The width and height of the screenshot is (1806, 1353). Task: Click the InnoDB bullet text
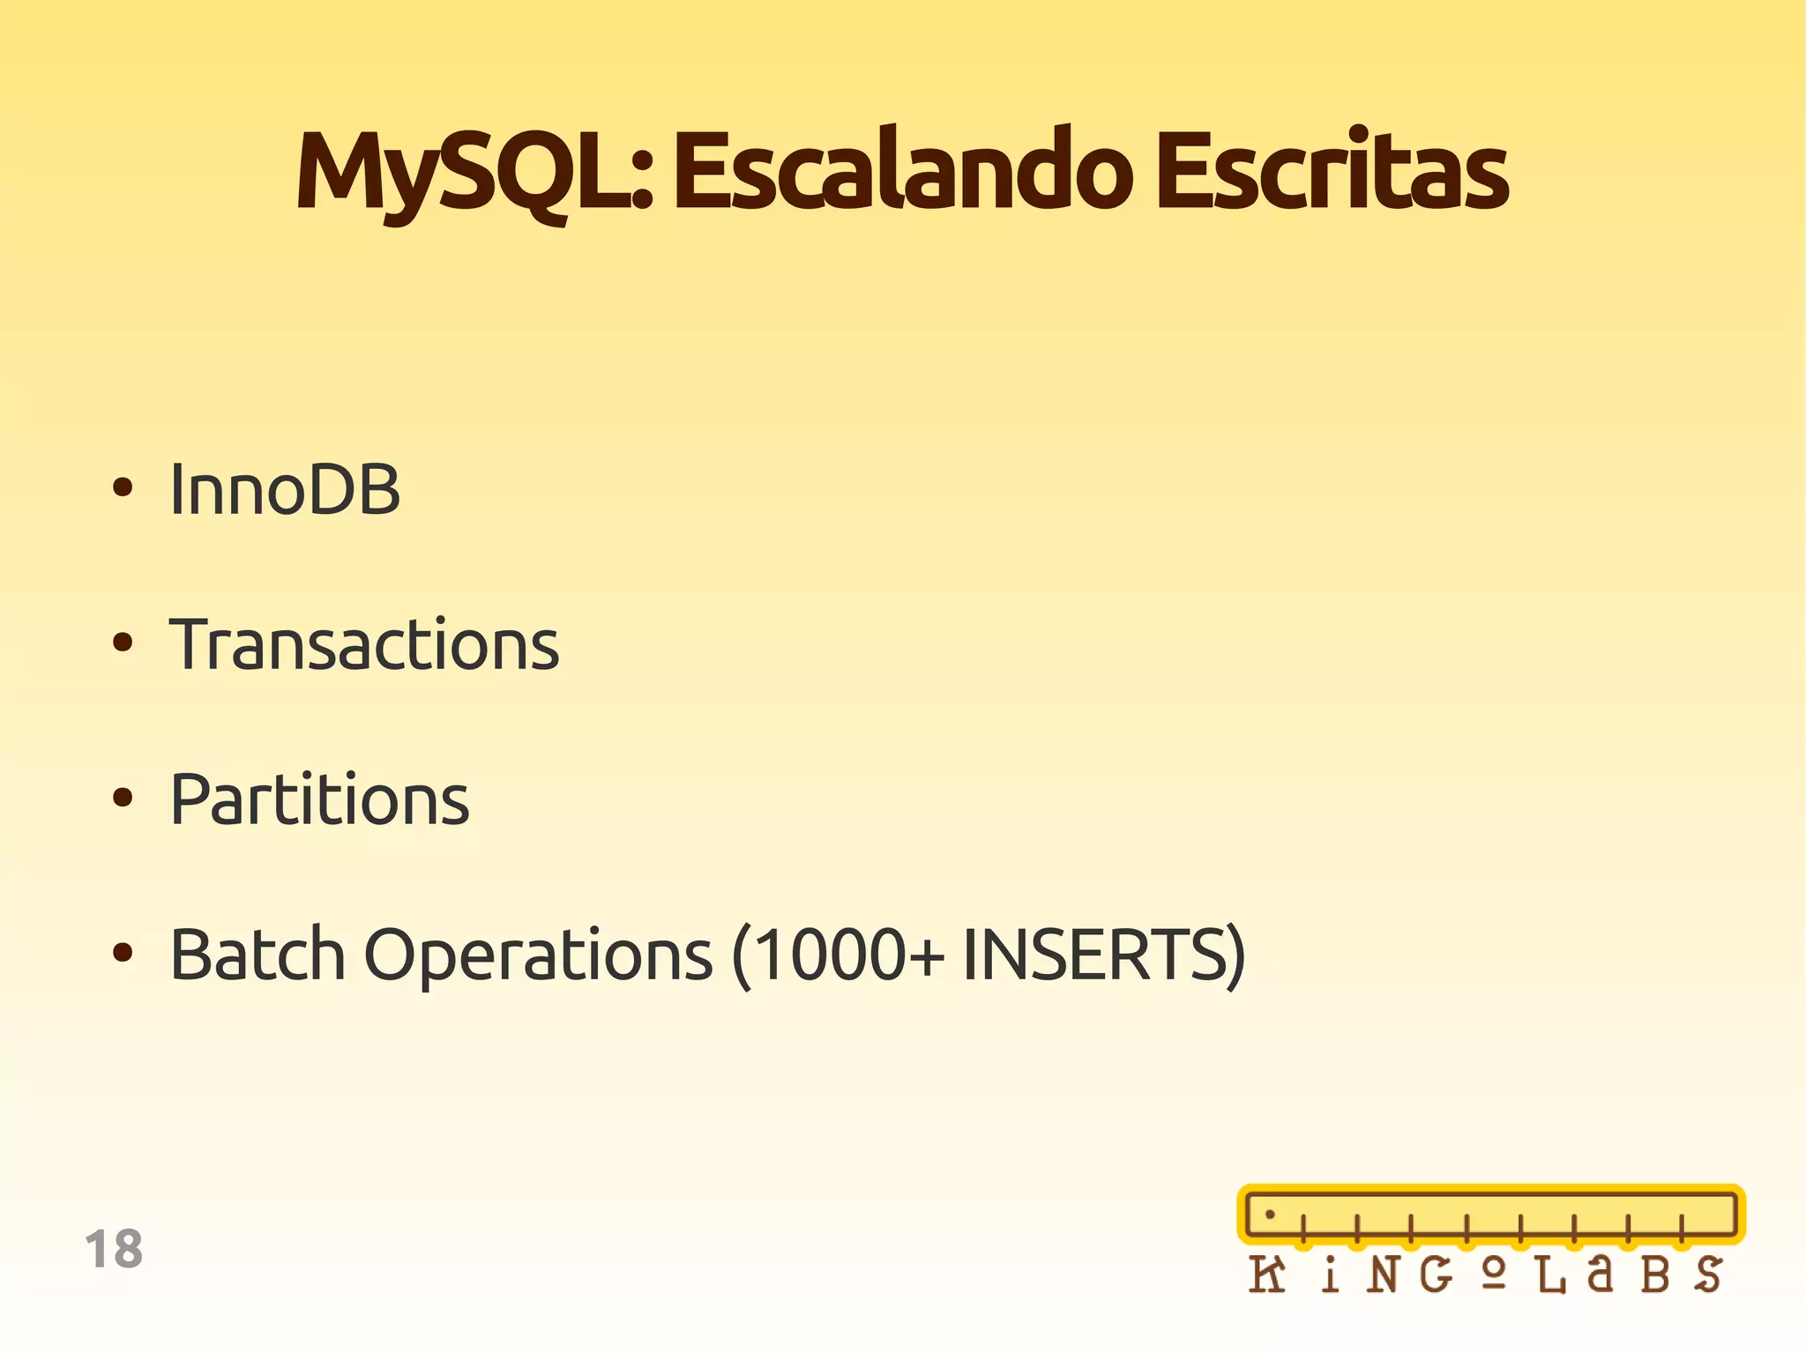coord(285,490)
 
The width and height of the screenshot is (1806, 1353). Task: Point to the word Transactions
coord(364,645)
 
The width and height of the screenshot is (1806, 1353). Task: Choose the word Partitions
coord(319,800)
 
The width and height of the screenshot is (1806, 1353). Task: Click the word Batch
coord(257,955)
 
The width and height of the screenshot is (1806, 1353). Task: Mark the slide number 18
coord(114,1250)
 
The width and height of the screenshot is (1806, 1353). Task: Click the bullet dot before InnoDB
coord(123,487)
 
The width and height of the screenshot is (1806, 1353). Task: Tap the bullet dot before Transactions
coord(123,643)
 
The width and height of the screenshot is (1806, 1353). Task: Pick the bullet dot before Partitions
coord(123,798)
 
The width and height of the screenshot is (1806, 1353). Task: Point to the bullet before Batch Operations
coord(123,953)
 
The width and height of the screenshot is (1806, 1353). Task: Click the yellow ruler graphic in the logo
coord(1490,1215)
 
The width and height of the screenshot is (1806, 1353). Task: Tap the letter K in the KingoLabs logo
coord(1267,1275)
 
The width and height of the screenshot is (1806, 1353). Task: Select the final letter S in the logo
coord(1707,1275)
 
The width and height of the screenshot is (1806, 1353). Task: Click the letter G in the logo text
coord(1436,1275)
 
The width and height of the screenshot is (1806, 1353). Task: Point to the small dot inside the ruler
coord(1270,1215)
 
